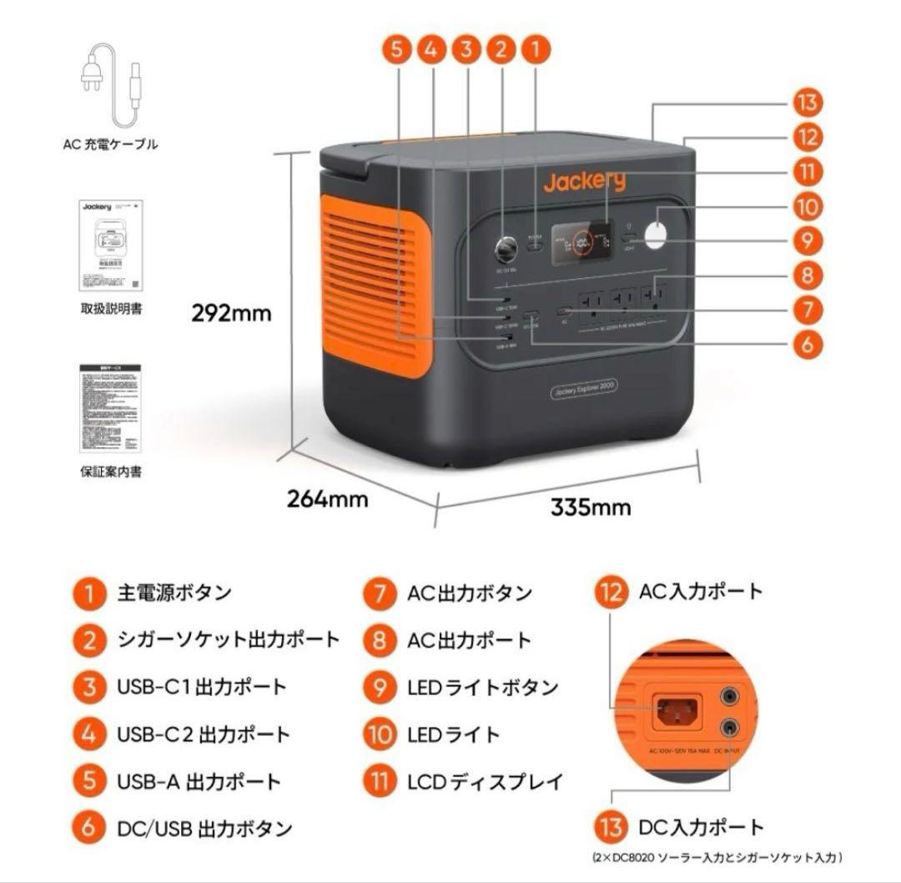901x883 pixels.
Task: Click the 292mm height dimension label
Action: point(231,314)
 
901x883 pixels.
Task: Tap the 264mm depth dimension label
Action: point(327,499)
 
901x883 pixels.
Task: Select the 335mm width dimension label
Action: point(591,507)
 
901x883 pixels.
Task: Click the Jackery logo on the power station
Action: point(584,182)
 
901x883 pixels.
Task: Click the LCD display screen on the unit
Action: point(582,242)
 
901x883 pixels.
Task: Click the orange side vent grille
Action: point(375,284)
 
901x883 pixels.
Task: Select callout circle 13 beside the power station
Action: point(807,103)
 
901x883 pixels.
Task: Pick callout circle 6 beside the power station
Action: point(807,343)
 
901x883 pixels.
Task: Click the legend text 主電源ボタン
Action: point(174,593)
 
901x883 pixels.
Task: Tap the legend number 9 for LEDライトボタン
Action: point(380,687)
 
